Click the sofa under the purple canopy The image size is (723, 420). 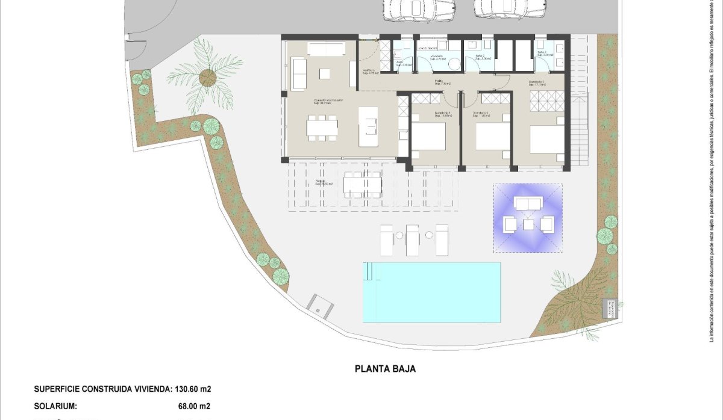(x=528, y=204)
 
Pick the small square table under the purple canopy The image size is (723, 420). (x=528, y=224)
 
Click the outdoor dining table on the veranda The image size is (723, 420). (x=363, y=185)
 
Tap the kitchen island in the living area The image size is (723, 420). (x=368, y=126)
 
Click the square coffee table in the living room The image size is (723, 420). (x=325, y=73)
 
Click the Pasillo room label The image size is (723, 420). (x=443, y=82)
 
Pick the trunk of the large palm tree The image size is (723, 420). (x=207, y=77)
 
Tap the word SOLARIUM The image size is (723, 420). (x=55, y=407)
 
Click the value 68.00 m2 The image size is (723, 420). (x=191, y=407)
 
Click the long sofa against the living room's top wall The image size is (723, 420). (x=327, y=49)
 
